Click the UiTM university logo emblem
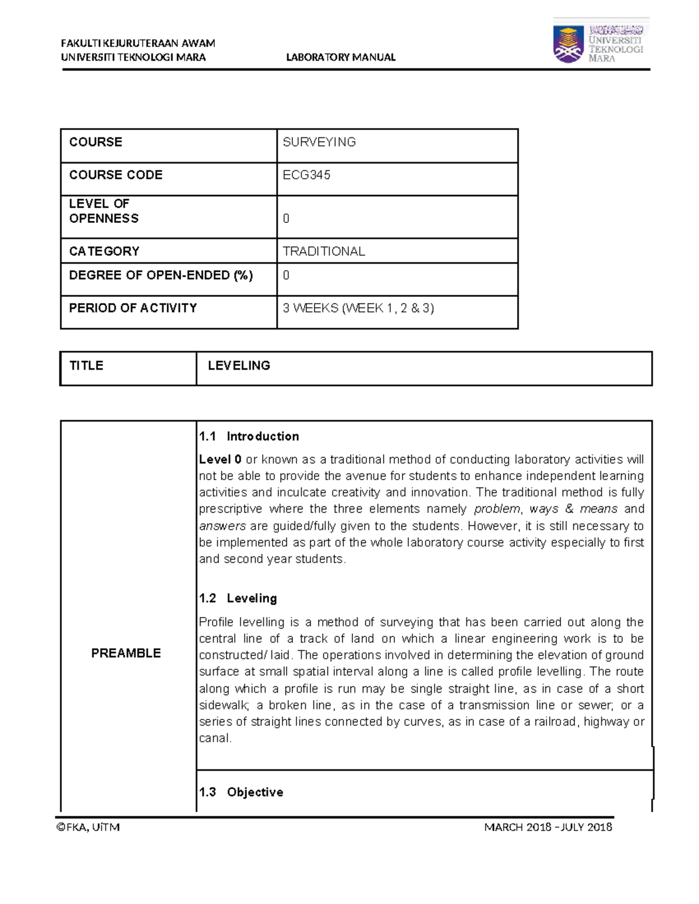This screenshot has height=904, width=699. point(569,44)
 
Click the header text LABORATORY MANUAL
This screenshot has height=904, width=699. point(341,57)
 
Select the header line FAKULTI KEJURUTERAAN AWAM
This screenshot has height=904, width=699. point(138,43)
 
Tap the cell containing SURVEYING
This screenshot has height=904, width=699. point(319,142)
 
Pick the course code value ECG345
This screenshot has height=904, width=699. point(306,175)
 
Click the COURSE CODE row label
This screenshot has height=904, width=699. point(116,175)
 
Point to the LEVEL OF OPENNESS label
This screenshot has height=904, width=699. point(104,211)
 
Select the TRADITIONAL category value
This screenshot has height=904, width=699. point(324,251)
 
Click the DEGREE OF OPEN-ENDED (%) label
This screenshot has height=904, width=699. point(161,275)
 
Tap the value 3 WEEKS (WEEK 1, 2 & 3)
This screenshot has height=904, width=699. point(358,308)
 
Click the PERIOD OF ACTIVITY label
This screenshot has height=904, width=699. point(133,308)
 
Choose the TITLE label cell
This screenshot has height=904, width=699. point(86,366)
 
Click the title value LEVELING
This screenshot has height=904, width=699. point(239,366)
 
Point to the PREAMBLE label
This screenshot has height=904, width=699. point(126,653)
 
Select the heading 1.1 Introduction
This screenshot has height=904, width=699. point(249,437)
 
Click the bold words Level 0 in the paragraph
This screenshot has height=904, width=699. point(220,460)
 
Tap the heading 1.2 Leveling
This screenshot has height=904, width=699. point(238,598)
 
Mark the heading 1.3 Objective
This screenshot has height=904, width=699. point(241,792)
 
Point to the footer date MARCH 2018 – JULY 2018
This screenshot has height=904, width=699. point(548,827)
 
